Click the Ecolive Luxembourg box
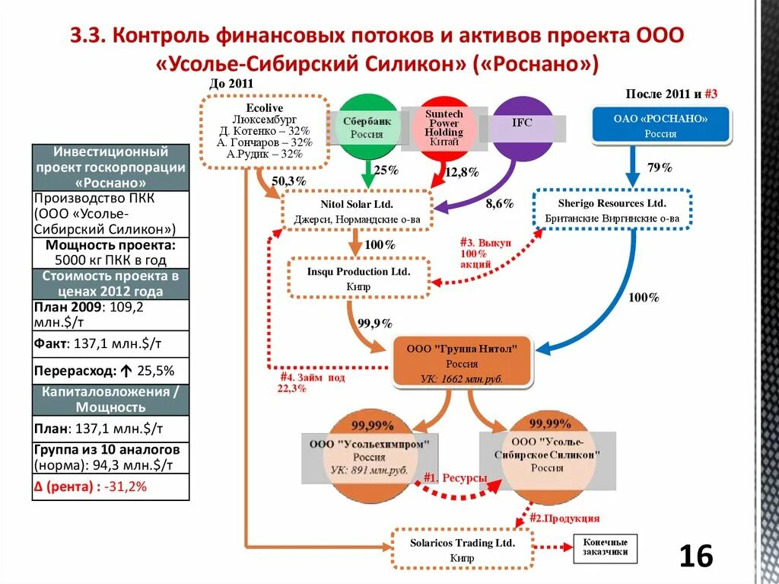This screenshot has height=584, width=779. (x=265, y=131)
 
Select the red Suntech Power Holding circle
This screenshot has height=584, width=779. (x=443, y=127)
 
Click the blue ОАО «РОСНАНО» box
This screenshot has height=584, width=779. (x=660, y=126)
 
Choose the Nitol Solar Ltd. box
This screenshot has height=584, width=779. (x=357, y=211)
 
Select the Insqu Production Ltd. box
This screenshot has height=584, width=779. (x=358, y=279)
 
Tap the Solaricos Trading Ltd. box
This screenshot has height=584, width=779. (x=462, y=549)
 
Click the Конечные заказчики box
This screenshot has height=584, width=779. (x=605, y=547)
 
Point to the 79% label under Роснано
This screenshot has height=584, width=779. (x=660, y=168)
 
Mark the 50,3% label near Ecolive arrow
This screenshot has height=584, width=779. (x=288, y=180)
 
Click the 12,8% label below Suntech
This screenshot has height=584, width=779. (x=461, y=172)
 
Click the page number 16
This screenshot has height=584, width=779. (x=695, y=557)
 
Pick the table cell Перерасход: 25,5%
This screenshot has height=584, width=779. (x=110, y=371)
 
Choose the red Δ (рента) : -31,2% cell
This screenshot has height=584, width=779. (x=110, y=487)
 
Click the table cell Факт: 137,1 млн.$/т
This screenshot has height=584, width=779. (x=110, y=343)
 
